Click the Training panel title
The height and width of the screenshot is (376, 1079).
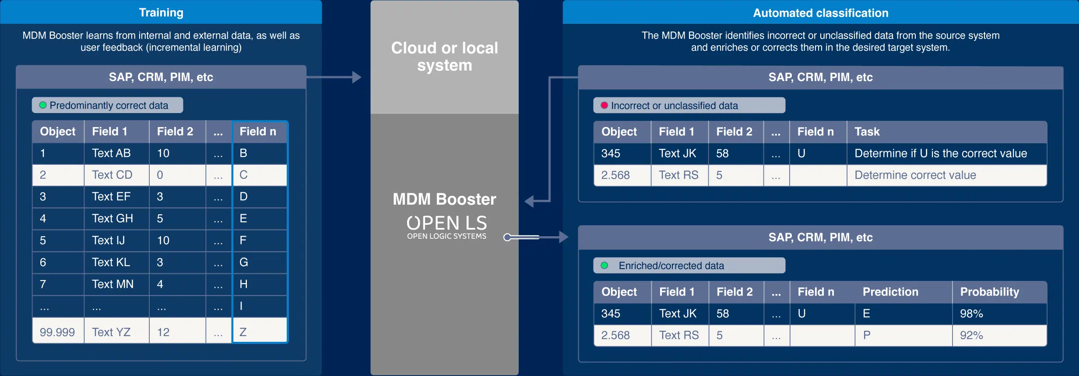(161, 13)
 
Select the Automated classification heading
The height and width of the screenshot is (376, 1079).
(821, 13)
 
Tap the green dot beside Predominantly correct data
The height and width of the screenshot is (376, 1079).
(43, 105)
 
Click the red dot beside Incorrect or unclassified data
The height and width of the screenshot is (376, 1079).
(605, 105)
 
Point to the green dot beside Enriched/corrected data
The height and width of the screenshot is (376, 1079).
(605, 265)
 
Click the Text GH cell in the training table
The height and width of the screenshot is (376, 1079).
(116, 218)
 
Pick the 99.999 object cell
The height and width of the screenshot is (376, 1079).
(58, 332)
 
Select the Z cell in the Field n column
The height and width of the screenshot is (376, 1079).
(260, 332)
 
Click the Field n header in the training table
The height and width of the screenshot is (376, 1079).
(260, 131)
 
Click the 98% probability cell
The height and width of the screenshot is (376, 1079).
(999, 314)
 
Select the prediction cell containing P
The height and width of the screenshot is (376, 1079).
(903, 335)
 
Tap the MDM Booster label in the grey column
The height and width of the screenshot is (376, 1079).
(444, 199)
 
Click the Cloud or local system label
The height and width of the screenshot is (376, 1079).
(444, 57)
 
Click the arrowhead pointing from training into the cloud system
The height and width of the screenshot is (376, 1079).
(357, 77)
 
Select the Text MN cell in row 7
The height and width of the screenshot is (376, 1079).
(116, 284)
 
